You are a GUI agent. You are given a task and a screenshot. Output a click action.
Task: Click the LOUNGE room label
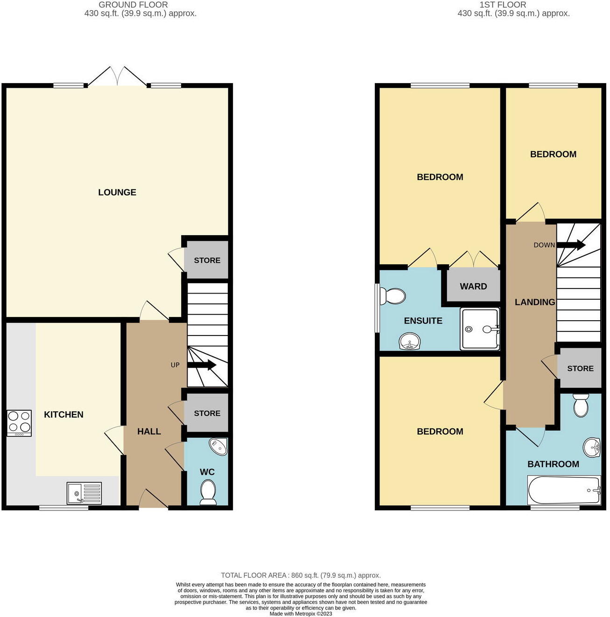tap(117, 192)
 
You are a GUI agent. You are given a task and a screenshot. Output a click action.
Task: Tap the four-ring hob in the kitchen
tap(19, 423)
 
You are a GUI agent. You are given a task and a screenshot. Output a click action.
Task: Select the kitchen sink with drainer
tap(84, 493)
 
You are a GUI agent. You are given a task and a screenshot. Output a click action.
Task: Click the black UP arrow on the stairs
tap(202, 365)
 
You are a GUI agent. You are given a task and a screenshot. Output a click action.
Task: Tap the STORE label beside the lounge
tap(207, 260)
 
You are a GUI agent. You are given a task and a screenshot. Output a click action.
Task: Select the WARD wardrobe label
tap(473, 287)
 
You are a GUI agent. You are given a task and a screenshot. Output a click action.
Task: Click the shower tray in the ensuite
tap(479, 329)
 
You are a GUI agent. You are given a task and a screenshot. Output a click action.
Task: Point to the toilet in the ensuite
tap(392, 296)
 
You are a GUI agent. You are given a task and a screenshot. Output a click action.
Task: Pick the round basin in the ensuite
tap(410, 341)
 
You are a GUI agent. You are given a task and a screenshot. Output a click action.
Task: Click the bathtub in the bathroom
tap(564, 490)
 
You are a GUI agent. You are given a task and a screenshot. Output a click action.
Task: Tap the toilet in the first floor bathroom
tap(581, 405)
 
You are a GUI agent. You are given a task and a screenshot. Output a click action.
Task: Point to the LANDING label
tap(535, 302)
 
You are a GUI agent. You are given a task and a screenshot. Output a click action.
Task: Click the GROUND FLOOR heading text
tap(133, 5)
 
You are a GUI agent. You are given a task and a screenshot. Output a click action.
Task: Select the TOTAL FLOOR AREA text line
tap(301, 575)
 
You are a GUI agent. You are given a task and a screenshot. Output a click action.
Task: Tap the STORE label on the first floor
tap(580, 369)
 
